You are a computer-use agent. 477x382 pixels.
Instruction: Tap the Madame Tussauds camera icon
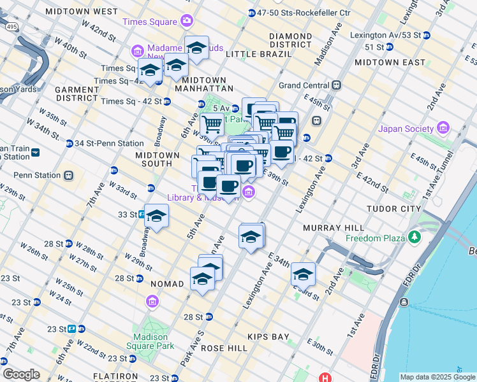tap(137, 50)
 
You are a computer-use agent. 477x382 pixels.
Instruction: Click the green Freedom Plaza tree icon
tap(416, 237)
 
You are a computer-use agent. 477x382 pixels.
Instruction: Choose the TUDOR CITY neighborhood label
tap(393, 209)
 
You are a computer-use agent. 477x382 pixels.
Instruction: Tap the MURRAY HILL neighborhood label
tap(334, 227)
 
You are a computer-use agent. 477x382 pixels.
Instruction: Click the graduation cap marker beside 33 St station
tap(156, 216)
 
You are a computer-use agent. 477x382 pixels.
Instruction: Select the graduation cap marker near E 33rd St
tap(304, 274)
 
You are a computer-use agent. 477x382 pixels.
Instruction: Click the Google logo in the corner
tap(21, 374)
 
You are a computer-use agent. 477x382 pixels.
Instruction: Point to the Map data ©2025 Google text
tap(437, 377)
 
